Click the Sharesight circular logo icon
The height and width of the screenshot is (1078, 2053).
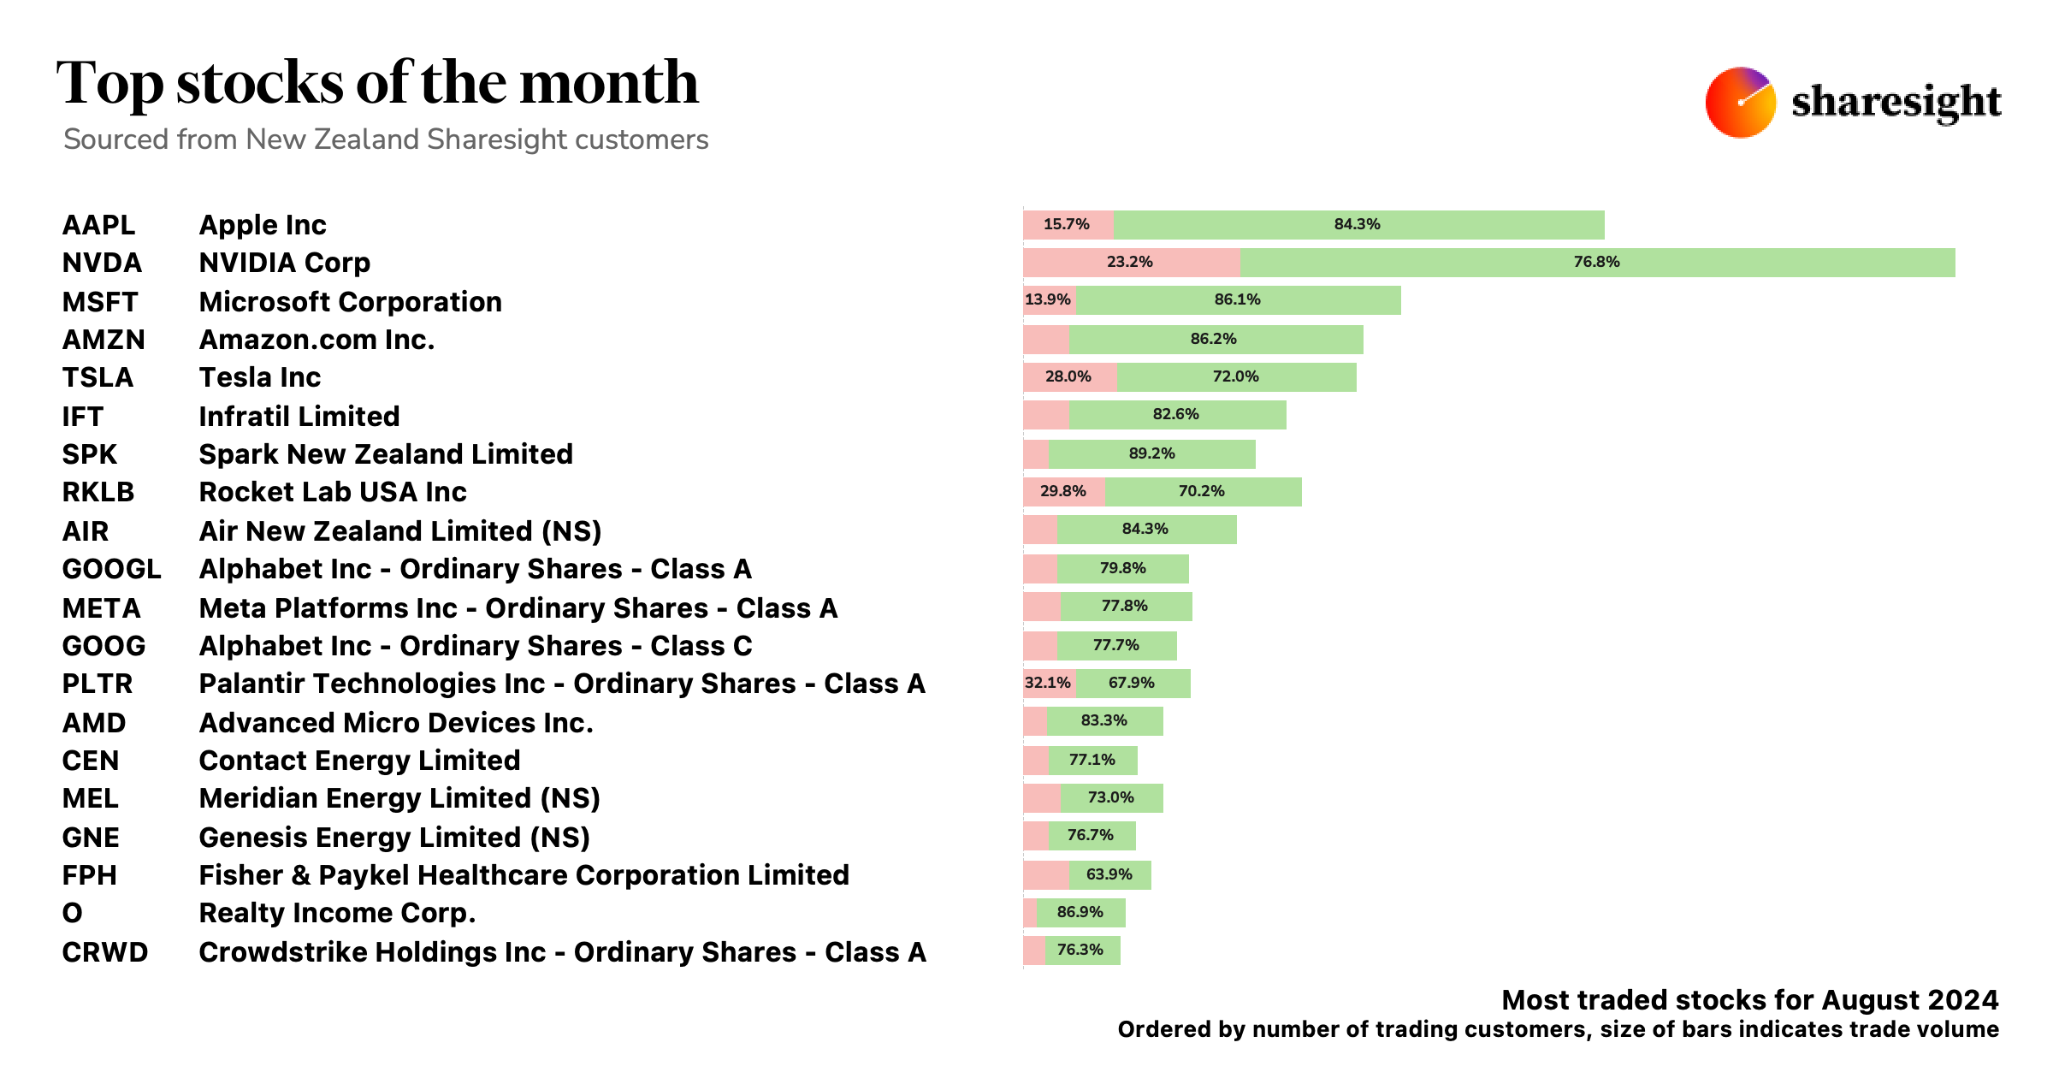(x=1740, y=102)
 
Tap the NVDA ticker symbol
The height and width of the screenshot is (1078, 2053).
(x=102, y=263)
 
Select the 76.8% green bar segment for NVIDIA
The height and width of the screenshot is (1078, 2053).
(x=1597, y=263)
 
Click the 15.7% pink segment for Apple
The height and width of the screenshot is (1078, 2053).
(x=1067, y=225)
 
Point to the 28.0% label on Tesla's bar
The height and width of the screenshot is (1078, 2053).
(x=1068, y=376)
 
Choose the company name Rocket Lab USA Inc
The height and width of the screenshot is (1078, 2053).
(x=332, y=492)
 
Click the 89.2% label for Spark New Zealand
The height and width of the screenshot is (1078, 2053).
(x=1151, y=453)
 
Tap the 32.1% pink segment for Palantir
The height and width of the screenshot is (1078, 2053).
(x=1048, y=683)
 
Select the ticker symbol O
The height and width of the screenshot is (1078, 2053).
(x=73, y=913)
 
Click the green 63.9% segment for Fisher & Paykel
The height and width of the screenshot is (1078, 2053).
(x=1109, y=874)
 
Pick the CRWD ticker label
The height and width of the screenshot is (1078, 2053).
(x=104, y=952)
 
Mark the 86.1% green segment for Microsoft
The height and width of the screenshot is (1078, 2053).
(x=1237, y=300)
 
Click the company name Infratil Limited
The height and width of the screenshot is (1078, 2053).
(x=299, y=417)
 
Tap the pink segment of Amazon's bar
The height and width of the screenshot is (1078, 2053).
(x=1045, y=340)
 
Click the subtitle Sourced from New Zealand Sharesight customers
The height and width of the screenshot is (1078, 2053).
(x=386, y=139)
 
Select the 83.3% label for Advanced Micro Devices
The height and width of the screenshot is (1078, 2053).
(x=1103, y=720)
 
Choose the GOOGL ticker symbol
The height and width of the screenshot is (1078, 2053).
(x=111, y=569)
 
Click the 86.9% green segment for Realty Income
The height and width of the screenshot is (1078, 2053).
(x=1080, y=912)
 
